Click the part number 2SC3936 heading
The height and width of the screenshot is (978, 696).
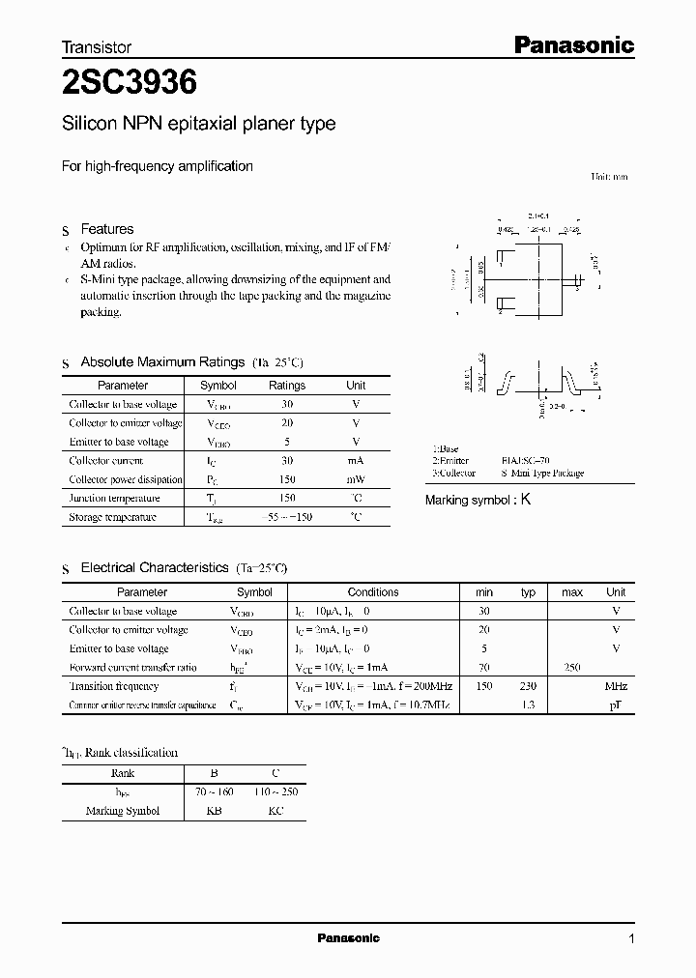[x=130, y=84]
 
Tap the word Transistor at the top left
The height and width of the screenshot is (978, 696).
[x=97, y=46]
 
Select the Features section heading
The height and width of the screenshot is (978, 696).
[x=106, y=229]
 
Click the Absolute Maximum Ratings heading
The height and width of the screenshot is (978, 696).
[x=162, y=361]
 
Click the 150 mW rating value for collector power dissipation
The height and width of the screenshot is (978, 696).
[x=286, y=479]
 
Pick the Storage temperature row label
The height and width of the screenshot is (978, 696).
[x=112, y=517]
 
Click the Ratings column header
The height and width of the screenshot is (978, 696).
[x=286, y=385]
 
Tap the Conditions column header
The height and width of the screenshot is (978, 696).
[x=373, y=591]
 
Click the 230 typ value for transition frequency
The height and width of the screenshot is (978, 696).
[x=528, y=686]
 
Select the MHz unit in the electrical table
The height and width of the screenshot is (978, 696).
[x=616, y=686]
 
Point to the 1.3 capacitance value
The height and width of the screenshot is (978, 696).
[x=528, y=705]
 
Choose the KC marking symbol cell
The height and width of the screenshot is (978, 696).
[x=275, y=811]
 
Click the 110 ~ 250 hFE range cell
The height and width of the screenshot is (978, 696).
[x=275, y=792]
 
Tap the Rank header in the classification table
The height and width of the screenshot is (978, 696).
[x=123, y=773]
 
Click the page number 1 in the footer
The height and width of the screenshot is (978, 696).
[x=631, y=938]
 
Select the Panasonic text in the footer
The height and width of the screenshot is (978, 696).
[x=348, y=938]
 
